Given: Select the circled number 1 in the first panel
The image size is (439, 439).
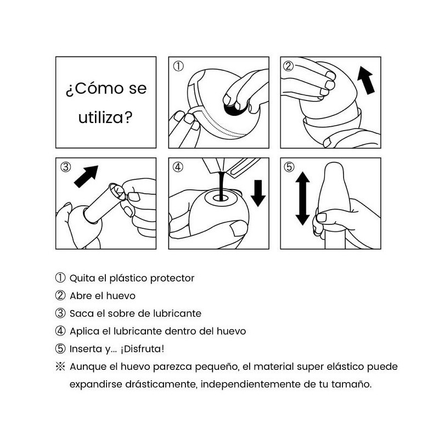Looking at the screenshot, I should click(x=178, y=67).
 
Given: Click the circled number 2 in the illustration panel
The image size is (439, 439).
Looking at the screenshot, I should click(x=289, y=67).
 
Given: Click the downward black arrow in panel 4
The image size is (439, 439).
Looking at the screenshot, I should click(x=258, y=192).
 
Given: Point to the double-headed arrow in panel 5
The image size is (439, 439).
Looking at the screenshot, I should click(x=302, y=199).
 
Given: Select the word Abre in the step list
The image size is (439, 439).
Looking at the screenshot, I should click(x=80, y=296).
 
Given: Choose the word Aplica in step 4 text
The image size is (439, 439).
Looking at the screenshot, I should click(x=83, y=331).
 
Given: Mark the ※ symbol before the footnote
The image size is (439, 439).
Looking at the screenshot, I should click(x=60, y=366).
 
